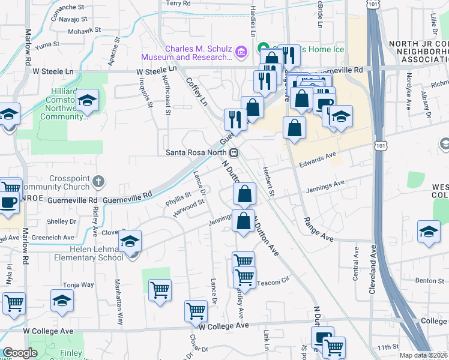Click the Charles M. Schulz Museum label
coord(186,53)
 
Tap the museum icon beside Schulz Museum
coord(241,53)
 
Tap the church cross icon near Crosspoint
coord(100,180)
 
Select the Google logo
coord(20,353)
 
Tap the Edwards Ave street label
coord(318,158)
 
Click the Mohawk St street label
coord(85,31)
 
